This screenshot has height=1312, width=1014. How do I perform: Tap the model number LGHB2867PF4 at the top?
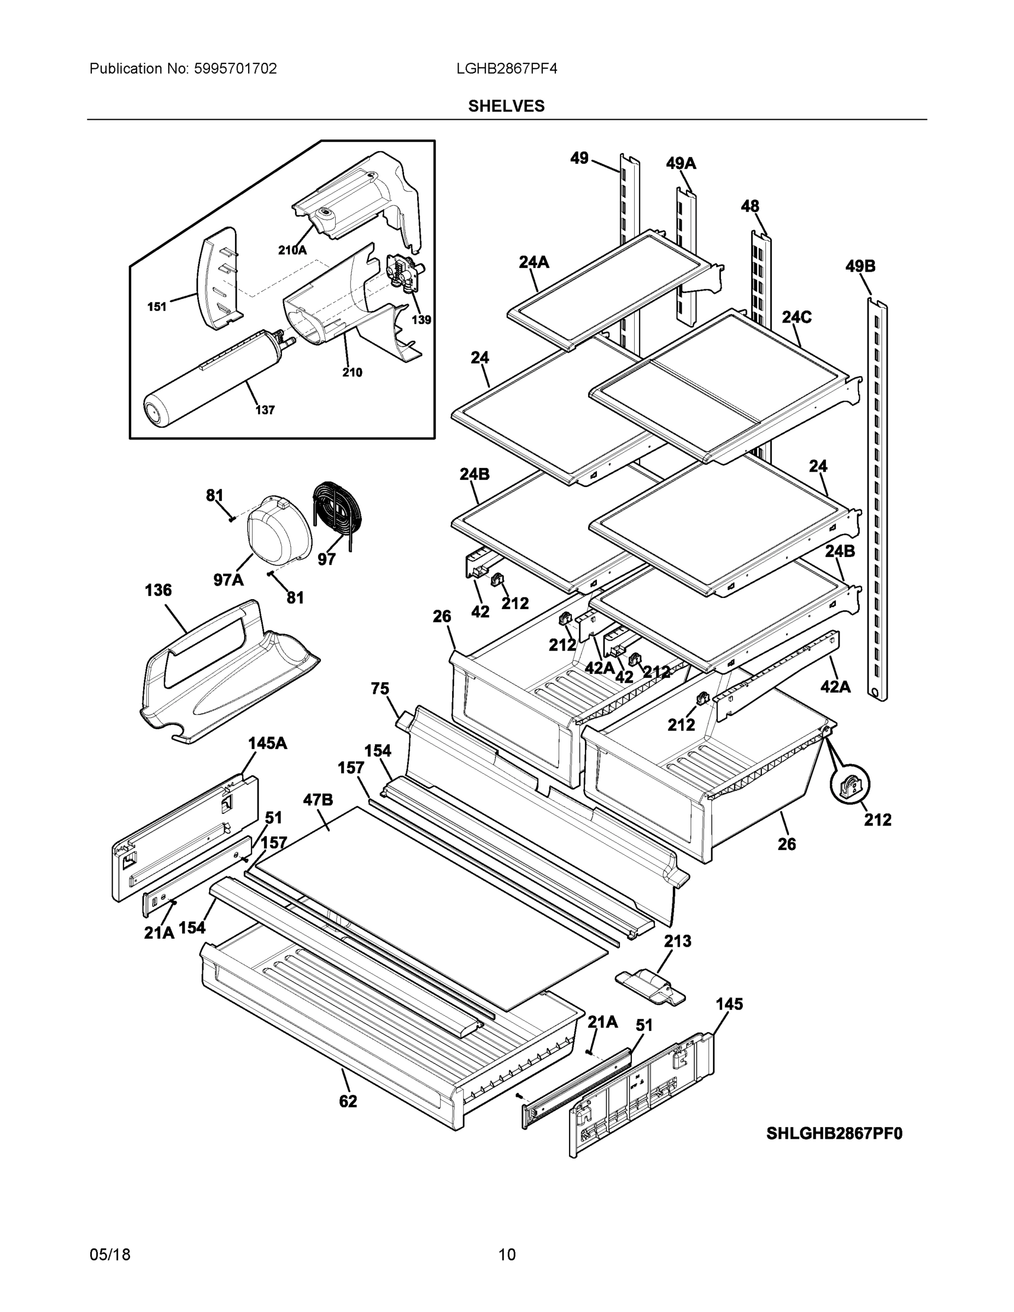(506, 68)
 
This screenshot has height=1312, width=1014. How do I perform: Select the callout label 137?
(265, 411)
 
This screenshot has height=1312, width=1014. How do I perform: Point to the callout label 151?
(157, 307)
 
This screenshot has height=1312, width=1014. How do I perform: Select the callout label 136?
(158, 590)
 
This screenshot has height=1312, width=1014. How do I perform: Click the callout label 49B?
(860, 266)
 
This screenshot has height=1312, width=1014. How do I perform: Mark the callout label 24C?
(796, 317)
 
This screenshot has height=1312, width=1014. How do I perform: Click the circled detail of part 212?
(849, 786)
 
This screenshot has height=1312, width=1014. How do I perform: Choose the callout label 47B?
(318, 800)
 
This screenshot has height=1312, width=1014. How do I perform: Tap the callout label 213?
(677, 941)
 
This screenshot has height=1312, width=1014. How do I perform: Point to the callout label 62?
(348, 1101)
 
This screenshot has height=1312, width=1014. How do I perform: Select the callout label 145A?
(267, 743)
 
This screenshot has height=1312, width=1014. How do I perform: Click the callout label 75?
(380, 688)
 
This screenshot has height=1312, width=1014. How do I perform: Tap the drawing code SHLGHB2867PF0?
(834, 1133)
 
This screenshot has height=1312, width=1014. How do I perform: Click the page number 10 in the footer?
(506, 1255)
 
